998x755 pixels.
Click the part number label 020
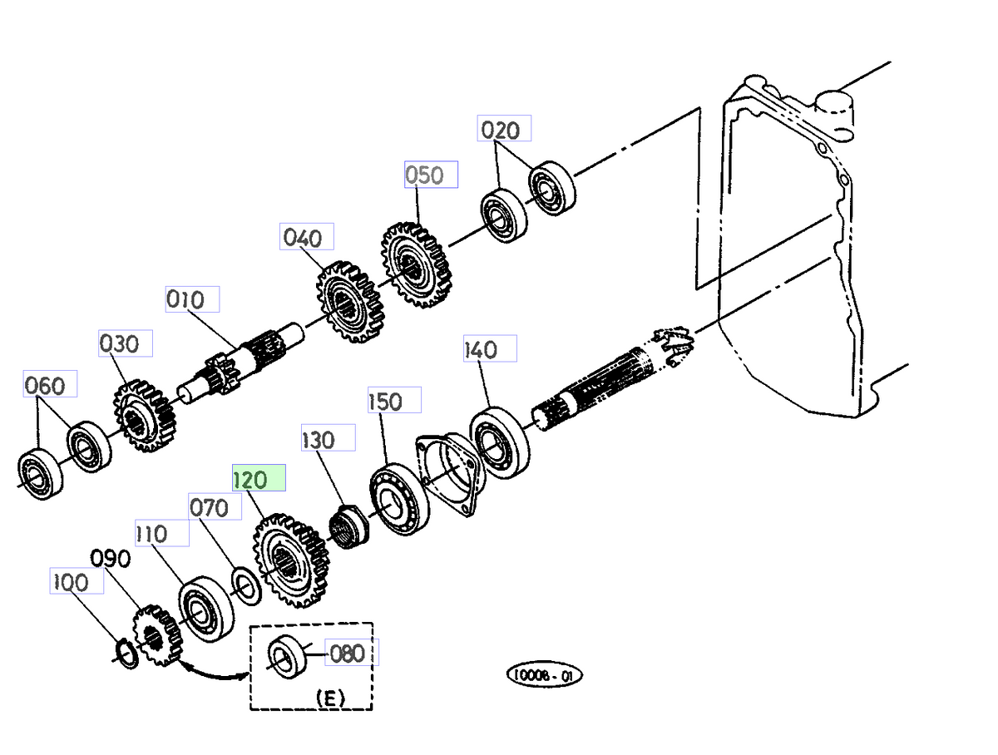[x=504, y=130]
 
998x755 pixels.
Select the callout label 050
[x=430, y=175]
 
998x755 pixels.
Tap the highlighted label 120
[x=259, y=480]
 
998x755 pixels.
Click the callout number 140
[x=489, y=349]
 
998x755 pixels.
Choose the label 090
[x=111, y=559]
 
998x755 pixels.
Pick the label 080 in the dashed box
[x=347, y=653]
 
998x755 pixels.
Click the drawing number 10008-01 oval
[x=545, y=674]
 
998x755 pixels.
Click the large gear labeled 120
[x=288, y=565]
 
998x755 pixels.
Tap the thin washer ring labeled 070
[x=247, y=585]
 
